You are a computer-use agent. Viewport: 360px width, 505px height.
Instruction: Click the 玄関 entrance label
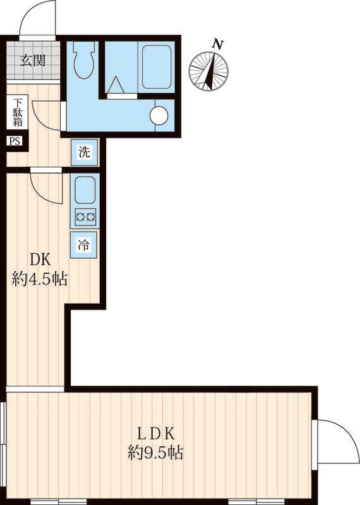coord(33,60)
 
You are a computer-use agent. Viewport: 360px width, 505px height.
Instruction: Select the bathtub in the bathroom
coord(157,67)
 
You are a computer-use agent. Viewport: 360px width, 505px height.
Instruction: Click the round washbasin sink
coord(159,115)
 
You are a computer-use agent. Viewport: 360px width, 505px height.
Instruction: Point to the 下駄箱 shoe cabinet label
coord(18,112)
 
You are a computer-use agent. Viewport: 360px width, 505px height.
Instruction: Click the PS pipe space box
coord(15,141)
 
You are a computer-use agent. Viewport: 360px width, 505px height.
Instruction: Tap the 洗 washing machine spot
coord(85,152)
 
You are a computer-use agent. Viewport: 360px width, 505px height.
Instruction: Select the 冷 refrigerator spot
coord(83,245)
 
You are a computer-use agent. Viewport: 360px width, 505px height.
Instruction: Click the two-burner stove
coord(85,217)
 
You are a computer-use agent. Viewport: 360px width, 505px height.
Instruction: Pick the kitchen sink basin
coord(85,190)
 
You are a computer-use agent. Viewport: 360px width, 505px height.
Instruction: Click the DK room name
coord(40,259)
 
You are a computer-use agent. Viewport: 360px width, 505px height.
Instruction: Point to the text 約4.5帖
coord(40,279)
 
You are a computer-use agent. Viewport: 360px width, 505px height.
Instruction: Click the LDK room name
coord(156,434)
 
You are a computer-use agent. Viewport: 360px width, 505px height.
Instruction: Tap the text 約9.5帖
coord(155,453)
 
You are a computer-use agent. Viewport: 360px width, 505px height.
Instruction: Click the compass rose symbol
coord(208,71)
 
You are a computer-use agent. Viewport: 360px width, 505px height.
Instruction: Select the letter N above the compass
coord(218,44)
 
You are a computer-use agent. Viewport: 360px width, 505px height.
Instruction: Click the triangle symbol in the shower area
coord(116,85)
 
